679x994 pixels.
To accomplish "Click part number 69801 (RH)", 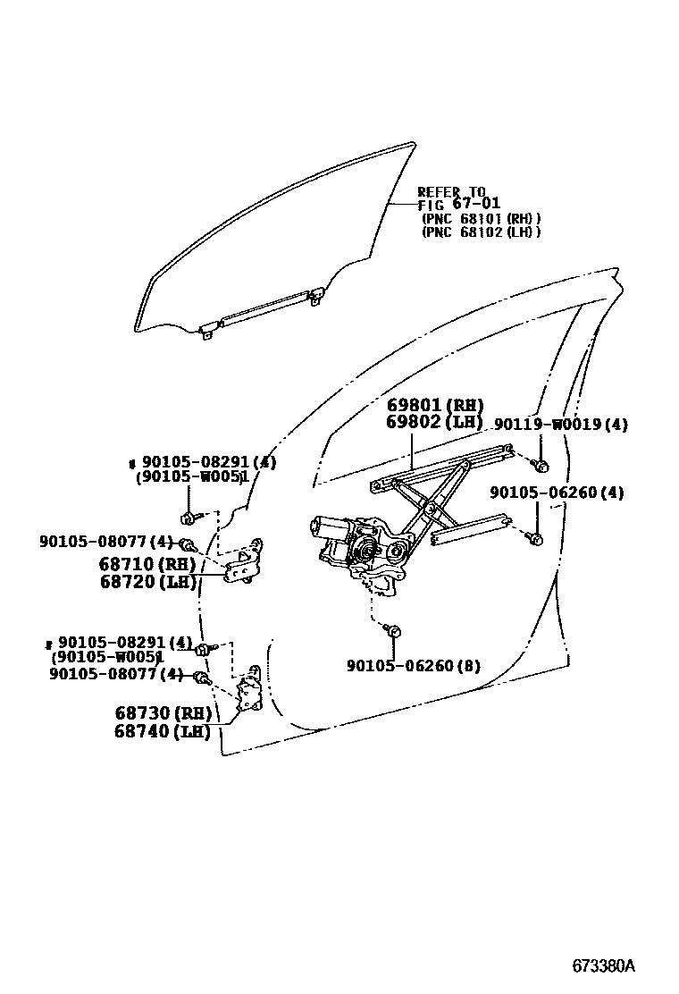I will click(x=435, y=405).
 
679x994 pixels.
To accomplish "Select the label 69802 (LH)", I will click(x=435, y=422).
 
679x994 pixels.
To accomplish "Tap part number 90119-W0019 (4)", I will click(x=560, y=425).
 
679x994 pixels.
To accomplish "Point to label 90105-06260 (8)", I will click(x=414, y=665).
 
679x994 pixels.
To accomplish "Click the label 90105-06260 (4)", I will click(x=557, y=493).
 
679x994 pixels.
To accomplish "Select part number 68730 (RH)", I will click(x=163, y=713).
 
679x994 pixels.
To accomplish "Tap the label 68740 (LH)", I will click(x=163, y=731).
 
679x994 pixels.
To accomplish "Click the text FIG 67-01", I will click(x=458, y=205).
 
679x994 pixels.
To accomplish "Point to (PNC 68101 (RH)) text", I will click(x=481, y=218).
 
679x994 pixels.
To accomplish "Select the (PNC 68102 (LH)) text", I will click(x=481, y=232).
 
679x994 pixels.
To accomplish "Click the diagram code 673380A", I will click(x=603, y=966).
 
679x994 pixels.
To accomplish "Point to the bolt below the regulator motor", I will click(x=394, y=631).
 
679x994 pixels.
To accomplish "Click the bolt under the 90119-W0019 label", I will click(x=541, y=465).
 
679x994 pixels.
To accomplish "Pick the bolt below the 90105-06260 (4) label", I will click(x=534, y=538).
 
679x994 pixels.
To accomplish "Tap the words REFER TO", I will click(x=451, y=192).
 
